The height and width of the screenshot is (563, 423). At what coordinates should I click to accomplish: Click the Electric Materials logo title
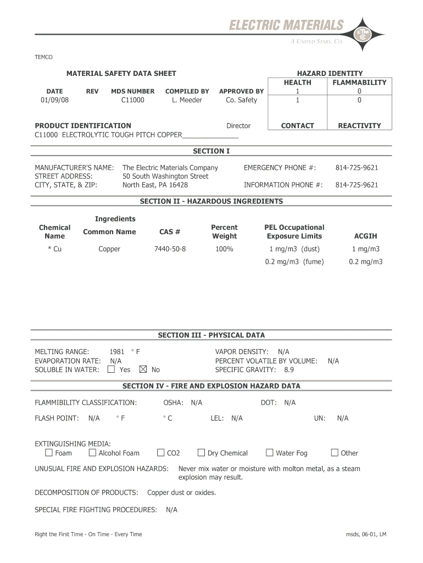pos(286,25)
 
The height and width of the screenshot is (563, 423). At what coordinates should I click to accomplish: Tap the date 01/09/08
pos(55,100)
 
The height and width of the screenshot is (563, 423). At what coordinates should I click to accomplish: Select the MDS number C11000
pos(132,100)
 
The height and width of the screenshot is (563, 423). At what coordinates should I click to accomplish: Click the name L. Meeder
pos(187,100)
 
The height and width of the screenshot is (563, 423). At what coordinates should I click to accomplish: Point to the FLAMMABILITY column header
pos(359,82)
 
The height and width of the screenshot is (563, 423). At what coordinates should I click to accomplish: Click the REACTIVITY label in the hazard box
pos(359,126)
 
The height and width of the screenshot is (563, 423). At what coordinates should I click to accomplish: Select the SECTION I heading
pos(211,151)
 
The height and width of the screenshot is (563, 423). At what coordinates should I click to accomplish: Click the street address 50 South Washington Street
pos(165,176)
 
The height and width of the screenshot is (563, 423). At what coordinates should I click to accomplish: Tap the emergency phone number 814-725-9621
pos(357,168)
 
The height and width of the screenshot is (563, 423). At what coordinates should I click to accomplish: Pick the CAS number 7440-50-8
pos(170,249)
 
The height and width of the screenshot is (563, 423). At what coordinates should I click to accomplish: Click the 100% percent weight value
pos(224,249)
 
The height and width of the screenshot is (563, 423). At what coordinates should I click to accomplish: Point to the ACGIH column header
pos(365,236)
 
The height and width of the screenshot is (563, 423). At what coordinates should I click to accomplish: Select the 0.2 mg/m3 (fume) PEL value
pos(294,262)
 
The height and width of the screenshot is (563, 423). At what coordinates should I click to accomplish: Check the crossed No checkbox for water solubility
pos(144,369)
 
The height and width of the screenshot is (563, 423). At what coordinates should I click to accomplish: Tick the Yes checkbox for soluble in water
pos(112,369)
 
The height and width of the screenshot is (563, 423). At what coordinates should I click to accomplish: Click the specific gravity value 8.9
pos(289,370)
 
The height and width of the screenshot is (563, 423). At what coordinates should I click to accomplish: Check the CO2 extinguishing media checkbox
pos(161,453)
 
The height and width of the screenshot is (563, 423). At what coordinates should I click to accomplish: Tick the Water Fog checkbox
pos(269,453)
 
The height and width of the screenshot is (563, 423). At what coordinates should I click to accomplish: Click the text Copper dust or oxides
pos(182,493)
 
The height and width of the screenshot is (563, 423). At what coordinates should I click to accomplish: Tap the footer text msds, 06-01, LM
pos(366,534)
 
